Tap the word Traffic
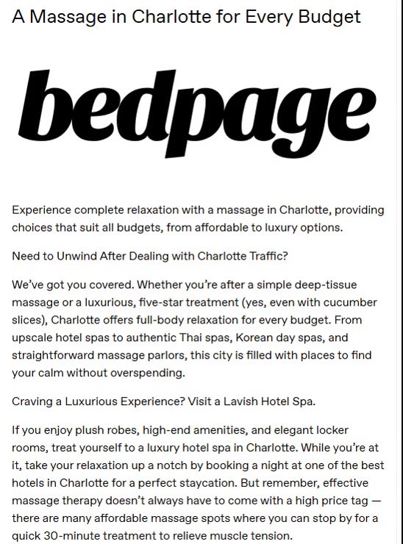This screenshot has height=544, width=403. pyautogui.click(x=265, y=256)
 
